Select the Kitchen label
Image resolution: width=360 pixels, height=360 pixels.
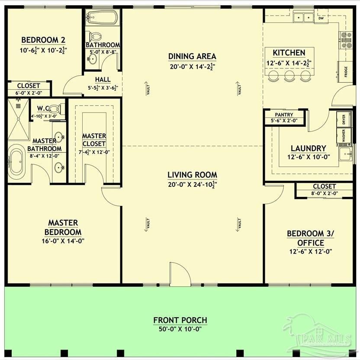(289, 53)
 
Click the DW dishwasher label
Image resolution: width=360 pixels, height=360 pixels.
(321, 19)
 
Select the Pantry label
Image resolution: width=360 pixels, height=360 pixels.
(284, 115)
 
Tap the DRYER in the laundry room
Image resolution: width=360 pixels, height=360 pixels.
(344, 120)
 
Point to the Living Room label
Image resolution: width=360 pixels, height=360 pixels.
(192, 175)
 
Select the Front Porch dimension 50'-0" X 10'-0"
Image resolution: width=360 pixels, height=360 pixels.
(180, 329)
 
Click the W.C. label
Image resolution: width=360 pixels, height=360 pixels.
(43, 108)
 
